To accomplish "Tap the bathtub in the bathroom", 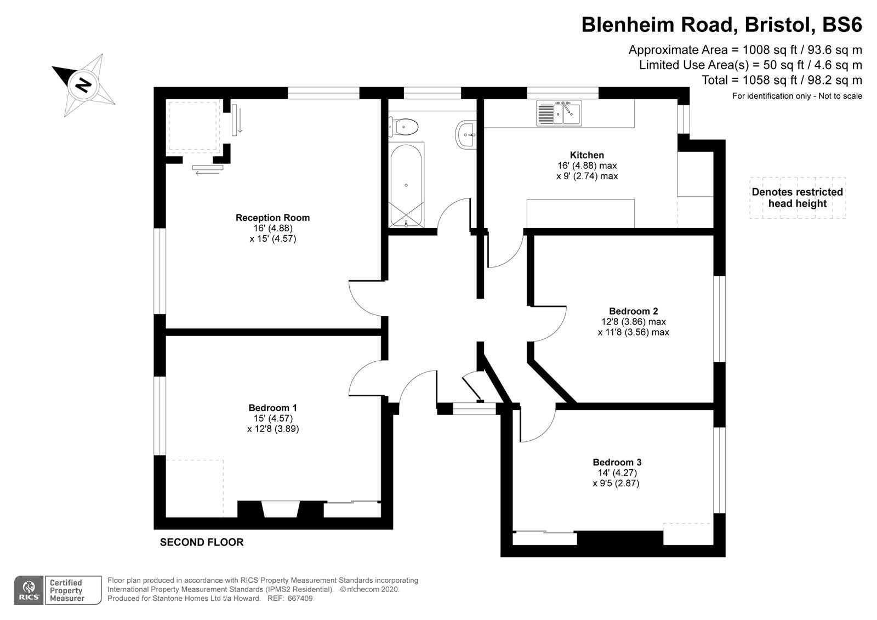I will pyautogui.click(x=406, y=185).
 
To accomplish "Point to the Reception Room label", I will pyautogui.click(x=272, y=218).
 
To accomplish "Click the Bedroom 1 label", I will pyautogui.click(x=272, y=408).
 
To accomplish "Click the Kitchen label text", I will pyautogui.click(x=586, y=155).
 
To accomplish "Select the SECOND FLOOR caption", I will pyautogui.click(x=201, y=542).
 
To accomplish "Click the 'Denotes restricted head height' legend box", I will pyautogui.click(x=797, y=198).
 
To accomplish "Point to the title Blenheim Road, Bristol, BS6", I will pyautogui.click(x=721, y=25).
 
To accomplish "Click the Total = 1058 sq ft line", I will pyautogui.click(x=782, y=80).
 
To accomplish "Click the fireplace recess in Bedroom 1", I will pyautogui.click(x=280, y=509).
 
